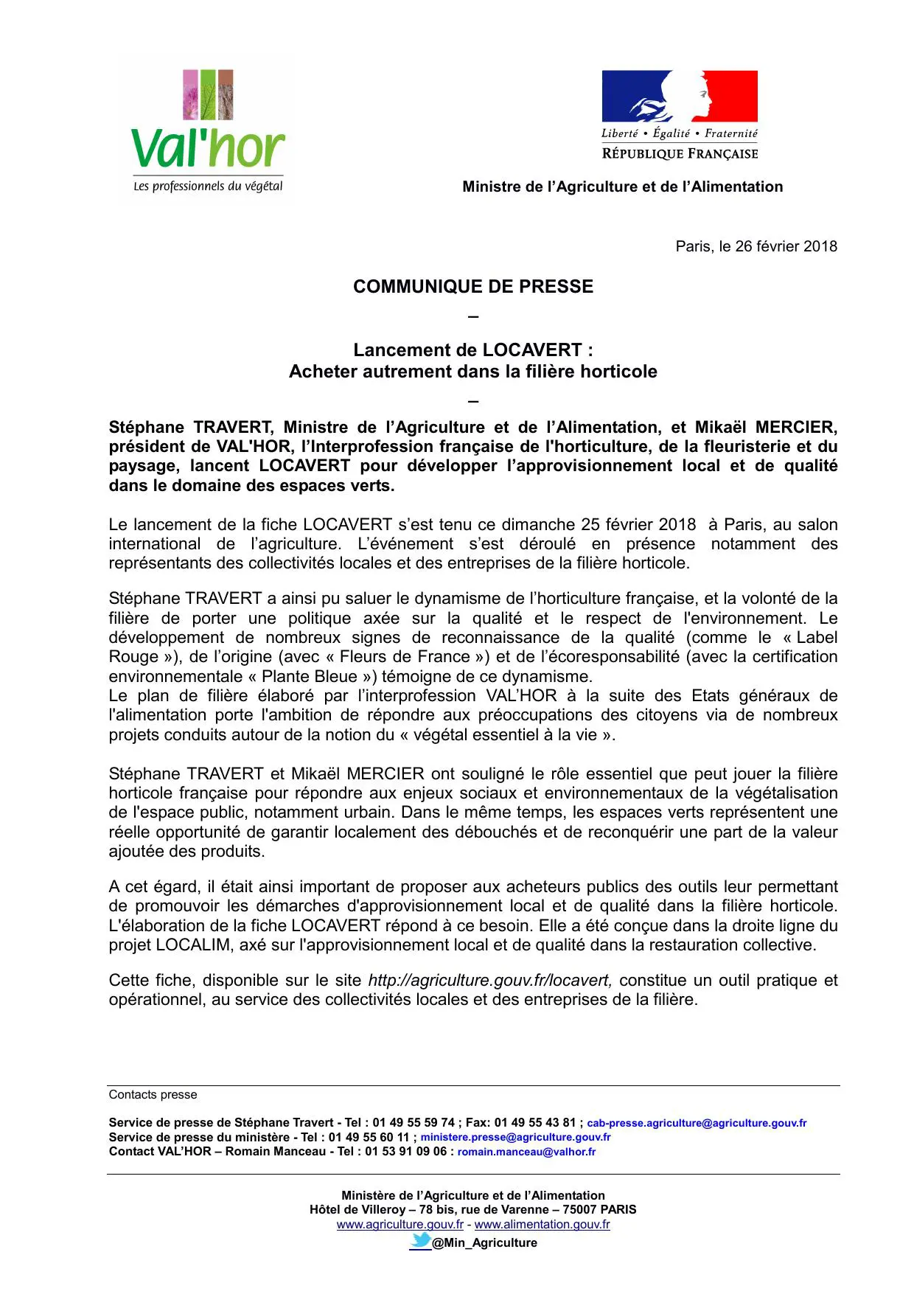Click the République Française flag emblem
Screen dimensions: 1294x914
click(x=679, y=97)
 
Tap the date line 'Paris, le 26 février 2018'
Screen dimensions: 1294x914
click(x=756, y=246)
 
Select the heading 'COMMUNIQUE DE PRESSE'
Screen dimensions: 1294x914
click(x=472, y=287)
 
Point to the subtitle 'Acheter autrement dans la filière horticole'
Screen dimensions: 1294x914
click(x=472, y=372)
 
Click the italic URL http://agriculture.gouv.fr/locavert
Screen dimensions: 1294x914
click(x=489, y=981)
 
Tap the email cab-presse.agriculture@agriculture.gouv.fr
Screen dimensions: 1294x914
click(x=697, y=1123)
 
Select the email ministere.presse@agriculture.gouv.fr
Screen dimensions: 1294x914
click(x=515, y=1137)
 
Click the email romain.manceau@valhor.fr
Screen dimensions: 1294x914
click(x=526, y=1152)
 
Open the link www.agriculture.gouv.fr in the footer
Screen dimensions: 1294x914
click(x=400, y=1225)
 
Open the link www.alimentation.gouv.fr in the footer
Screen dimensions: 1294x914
click(x=542, y=1225)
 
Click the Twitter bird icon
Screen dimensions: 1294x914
click(x=420, y=1242)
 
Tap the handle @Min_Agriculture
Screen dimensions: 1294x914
click(x=484, y=1243)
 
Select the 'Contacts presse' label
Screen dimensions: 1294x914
click(x=153, y=1095)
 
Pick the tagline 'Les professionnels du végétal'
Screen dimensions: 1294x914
click(x=208, y=187)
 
